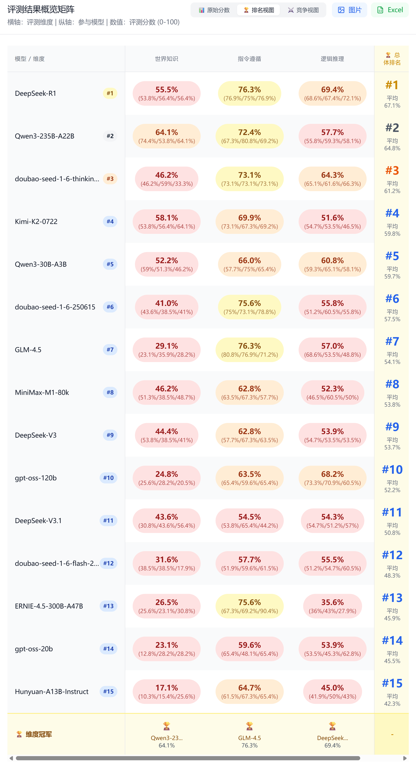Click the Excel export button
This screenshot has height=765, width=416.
(x=390, y=10)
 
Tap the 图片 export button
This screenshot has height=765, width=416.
(x=349, y=10)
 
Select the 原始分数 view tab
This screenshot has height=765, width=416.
(x=214, y=10)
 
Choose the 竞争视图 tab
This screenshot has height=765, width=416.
(x=303, y=10)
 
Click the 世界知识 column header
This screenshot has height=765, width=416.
(x=167, y=59)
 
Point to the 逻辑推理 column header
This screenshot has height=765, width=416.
(x=332, y=59)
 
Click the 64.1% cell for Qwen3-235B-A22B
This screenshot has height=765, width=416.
(x=167, y=136)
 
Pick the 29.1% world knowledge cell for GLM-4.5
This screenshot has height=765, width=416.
(x=167, y=349)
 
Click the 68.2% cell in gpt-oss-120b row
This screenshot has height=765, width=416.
(x=332, y=478)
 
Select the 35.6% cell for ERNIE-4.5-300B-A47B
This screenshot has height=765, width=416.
(x=332, y=606)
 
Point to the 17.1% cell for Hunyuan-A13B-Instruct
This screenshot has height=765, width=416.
(x=167, y=691)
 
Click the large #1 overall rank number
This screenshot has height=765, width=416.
(x=392, y=85)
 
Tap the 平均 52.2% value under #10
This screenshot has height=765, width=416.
(x=392, y=487)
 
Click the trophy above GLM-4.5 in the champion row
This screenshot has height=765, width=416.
(x=249, y=726)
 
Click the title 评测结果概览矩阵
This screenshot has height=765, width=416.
(x=41, y=9)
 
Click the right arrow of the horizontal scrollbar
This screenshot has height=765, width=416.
(x=405, y=758)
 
